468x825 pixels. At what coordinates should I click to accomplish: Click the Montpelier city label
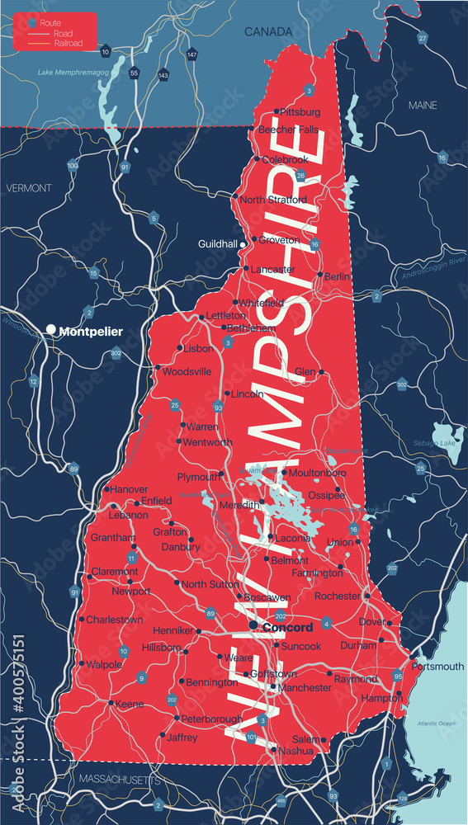91,332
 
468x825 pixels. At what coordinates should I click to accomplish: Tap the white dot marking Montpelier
51,330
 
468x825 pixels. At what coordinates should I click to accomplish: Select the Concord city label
287,628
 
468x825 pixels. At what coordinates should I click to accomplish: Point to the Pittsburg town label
300,111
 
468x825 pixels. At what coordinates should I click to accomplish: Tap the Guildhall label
218,244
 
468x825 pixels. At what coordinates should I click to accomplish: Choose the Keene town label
130,704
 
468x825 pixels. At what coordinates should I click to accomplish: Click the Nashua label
295,751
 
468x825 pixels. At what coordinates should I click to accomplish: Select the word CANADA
268,31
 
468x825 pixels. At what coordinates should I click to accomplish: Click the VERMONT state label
28,188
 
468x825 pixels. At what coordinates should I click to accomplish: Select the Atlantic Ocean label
436,724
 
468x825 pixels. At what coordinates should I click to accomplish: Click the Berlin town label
338,276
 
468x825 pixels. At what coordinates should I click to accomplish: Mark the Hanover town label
130,489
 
